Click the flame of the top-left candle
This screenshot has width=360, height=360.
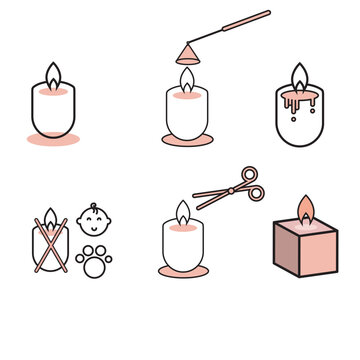point(52,77)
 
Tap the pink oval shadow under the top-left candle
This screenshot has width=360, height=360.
point(52,139)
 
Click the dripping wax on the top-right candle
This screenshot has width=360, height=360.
point(299,100)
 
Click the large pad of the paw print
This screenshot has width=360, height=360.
point(94,264)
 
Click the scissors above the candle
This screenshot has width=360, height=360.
point(228,187)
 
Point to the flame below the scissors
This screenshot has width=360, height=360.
point(182,212)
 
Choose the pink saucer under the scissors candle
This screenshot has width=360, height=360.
point(182,271)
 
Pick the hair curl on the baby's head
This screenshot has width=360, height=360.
point(93,205)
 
